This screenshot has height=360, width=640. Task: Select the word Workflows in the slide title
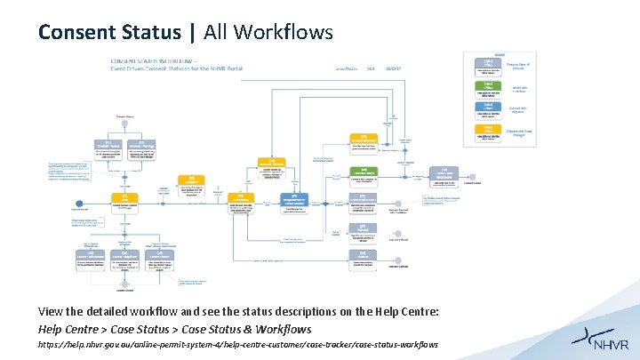point(287,33)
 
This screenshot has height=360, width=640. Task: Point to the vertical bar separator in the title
point(193,33)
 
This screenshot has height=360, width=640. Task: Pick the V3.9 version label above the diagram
point(370,68)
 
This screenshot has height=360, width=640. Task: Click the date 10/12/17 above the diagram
point(393,68)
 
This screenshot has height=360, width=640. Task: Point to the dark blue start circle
point(80,204)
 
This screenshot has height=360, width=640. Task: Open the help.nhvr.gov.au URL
point(238,344)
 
